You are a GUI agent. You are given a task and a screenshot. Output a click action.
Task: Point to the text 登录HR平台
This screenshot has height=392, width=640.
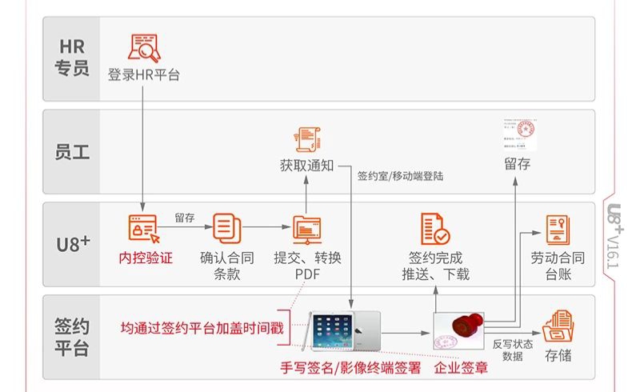click(x=145, y=75)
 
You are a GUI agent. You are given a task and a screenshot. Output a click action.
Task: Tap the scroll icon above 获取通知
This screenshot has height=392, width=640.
click(x=306, y=139)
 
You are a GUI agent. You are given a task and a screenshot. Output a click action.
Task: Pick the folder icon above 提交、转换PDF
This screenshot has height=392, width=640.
click(x=306, y=230)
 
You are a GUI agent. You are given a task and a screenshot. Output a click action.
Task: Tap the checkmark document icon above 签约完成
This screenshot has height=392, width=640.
click(x=435, y=230)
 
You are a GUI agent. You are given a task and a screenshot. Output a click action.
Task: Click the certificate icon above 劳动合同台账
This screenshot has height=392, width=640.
click(x=557, y=230)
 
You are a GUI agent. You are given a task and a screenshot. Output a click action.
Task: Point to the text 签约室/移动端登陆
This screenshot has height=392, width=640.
click(x=400, y=175)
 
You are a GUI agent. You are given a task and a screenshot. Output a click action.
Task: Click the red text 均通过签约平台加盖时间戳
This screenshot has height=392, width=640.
click(x=201, y=328)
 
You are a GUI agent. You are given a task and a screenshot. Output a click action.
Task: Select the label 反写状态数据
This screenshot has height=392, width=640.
click(x=512, y=350)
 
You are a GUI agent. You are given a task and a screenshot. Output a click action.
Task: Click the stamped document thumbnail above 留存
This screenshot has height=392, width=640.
click(x=517, y=135)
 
